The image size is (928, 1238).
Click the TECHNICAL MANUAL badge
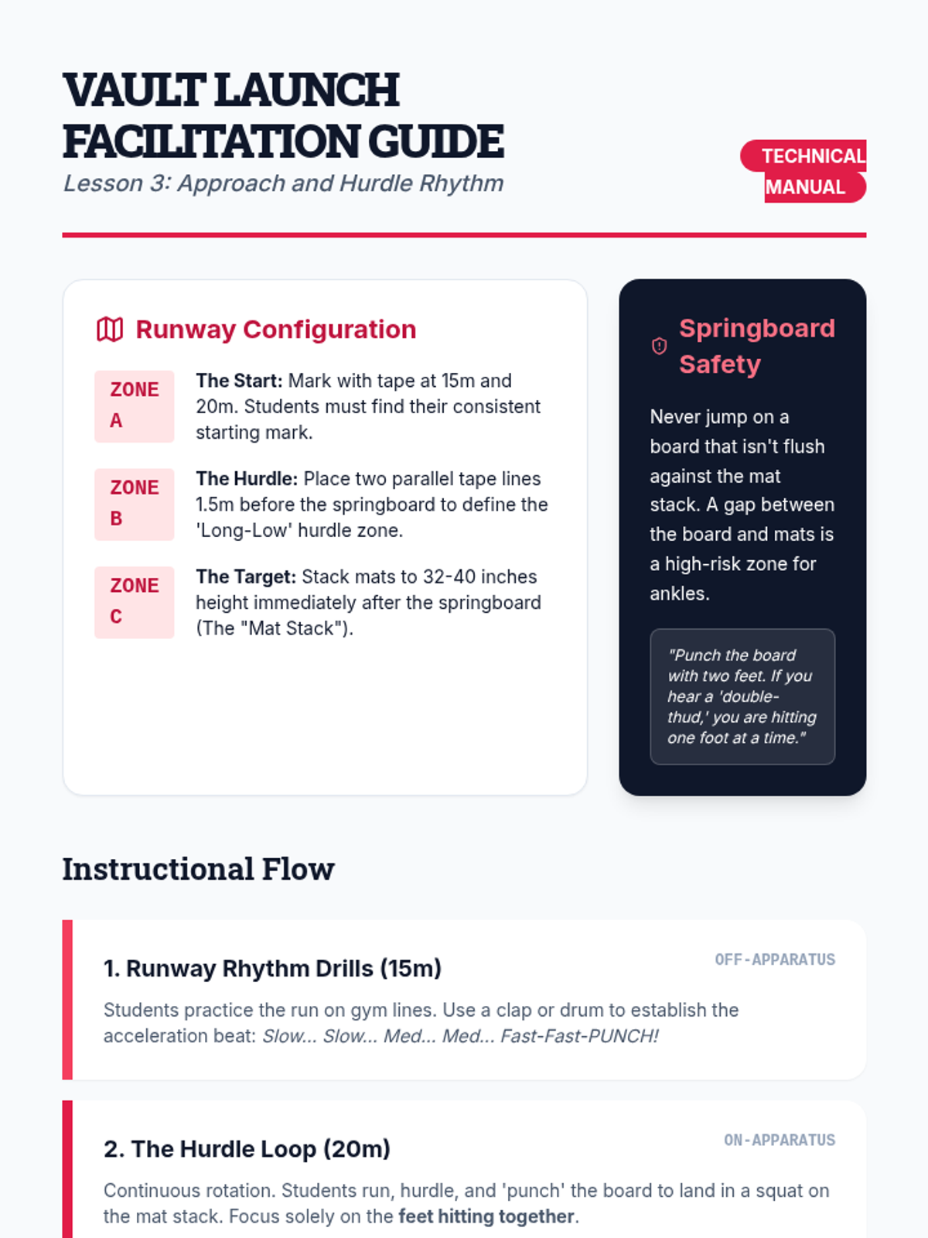point(804,171)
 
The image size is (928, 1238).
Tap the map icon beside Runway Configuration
point(110,330)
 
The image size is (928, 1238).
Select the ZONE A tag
point(134,405)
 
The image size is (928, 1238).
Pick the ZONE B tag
point(134,504)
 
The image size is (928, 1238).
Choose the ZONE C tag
point(134,602)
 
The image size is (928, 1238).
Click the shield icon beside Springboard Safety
point(659,346)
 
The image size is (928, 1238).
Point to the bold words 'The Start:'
point(239,381)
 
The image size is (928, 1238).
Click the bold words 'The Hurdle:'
point(246,479)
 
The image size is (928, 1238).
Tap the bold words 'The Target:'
point(245,577)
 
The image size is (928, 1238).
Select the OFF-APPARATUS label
point(775,959)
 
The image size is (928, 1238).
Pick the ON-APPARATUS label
point(780,1140)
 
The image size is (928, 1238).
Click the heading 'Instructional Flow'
point(198,869)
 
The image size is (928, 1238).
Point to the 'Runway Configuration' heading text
point(276,330)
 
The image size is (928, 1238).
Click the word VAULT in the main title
point(134,91)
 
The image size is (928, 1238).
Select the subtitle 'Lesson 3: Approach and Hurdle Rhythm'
point(283,183)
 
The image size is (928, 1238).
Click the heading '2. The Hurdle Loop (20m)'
point(247,1149)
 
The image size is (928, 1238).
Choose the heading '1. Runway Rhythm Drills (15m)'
point(272,969)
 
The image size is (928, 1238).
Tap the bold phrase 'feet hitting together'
point(486,1216)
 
